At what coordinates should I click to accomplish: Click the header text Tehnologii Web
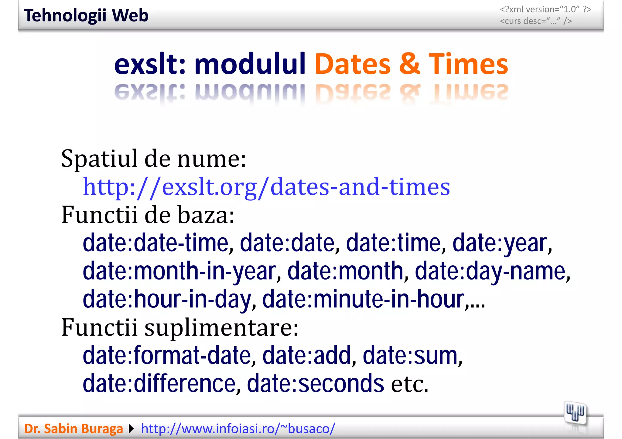86,15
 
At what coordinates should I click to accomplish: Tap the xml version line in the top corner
545,9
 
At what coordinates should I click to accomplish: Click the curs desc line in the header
536,21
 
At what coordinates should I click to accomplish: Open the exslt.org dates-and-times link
266,187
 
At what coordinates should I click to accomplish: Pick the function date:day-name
492,271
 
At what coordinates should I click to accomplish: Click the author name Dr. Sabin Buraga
73,429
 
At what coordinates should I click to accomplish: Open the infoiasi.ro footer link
238,429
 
